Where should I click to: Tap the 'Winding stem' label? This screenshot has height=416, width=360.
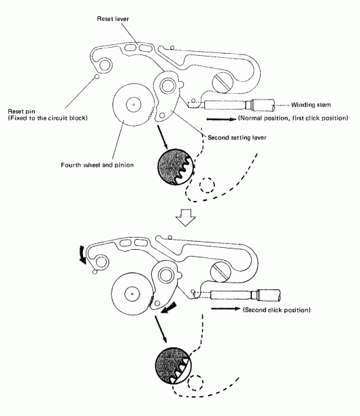point(310,105)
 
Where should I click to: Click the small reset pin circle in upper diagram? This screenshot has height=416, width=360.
point(99,76)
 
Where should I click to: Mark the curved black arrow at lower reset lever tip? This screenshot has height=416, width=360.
point(84,256)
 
